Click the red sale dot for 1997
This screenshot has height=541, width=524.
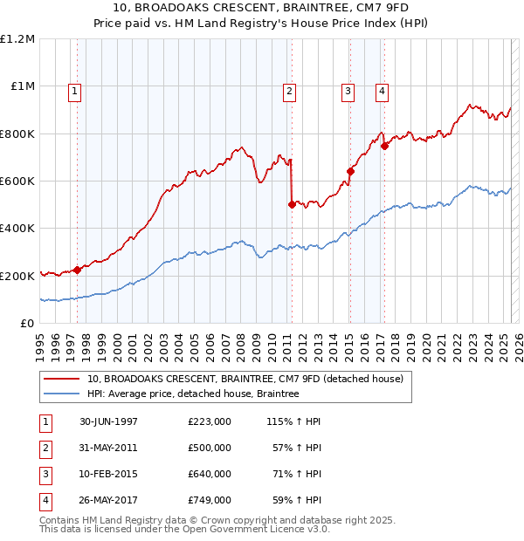[77, 270]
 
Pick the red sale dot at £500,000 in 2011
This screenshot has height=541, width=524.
[292, 204]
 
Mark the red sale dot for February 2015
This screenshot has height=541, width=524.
[349, 171]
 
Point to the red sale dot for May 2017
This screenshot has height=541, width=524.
[385, 146]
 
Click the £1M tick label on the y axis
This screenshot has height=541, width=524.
[20, 86]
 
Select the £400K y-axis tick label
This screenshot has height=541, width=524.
[17, 228]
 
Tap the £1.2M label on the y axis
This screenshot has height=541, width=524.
[17, 39]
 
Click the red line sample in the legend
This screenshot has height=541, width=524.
[61, 380]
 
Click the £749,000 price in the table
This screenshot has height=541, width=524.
[210, 500]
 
